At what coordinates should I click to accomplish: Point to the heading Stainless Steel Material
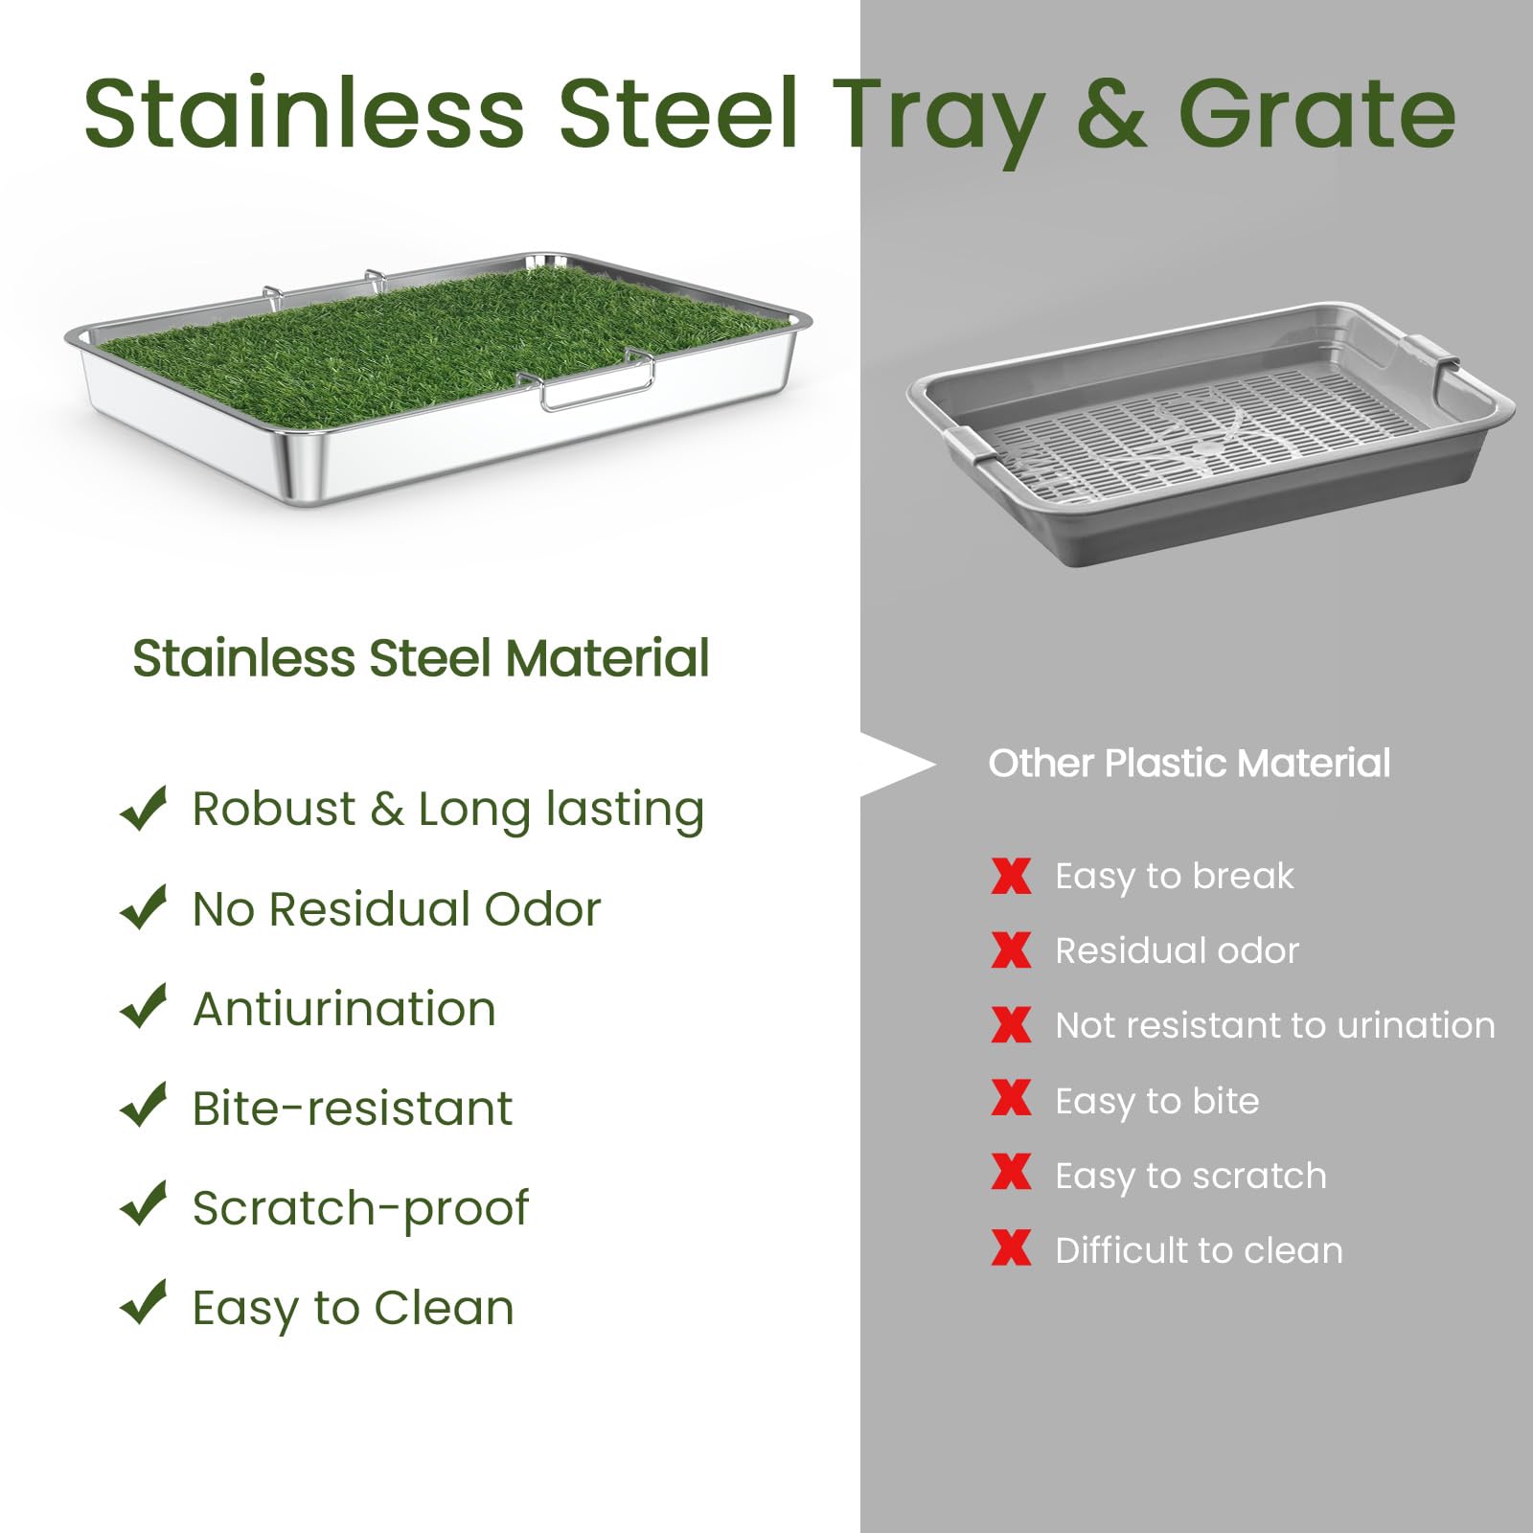(421, 658)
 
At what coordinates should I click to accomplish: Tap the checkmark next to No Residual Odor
(144, 907)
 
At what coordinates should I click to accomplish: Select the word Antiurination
(344, 1009)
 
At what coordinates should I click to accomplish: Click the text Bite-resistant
(352, 1109)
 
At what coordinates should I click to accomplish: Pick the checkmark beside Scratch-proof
(144, 1205)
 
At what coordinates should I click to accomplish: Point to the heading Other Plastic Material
(1189, 764)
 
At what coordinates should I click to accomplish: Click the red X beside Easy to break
(1011, 876)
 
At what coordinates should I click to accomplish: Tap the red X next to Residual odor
(1011, 950)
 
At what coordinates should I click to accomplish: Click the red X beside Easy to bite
(1011, 1099)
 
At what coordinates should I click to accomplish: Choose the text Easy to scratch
(1190, 1176)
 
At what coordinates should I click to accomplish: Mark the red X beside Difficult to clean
(1011, 1249)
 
